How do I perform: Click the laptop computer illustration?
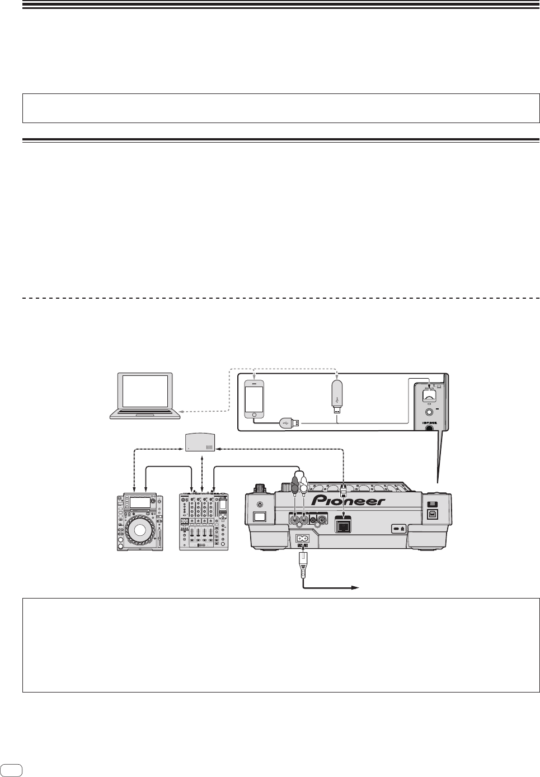[145, 397]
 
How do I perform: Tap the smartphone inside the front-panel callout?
[255, 398]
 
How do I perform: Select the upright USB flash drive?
[336, 396]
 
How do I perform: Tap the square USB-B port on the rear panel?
[433, 513]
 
